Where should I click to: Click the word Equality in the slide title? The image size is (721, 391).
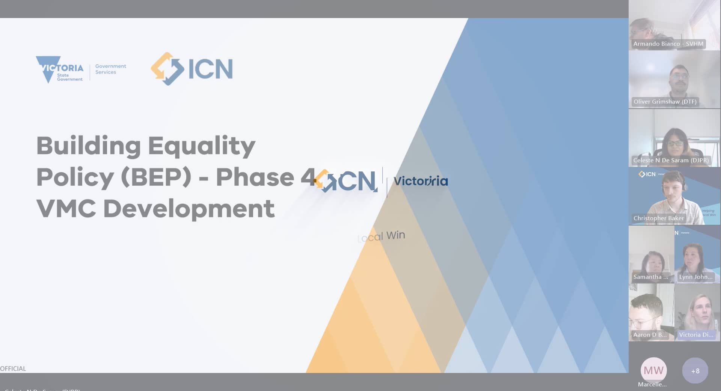(202, 146)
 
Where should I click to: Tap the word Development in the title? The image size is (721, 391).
(189, 209)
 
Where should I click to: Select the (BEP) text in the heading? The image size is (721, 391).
(156, 177)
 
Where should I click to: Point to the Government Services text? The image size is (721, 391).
(110, 69)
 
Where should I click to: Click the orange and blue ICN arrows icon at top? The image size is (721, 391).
(167, 69)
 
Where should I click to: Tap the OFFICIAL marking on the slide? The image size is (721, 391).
(13, 368)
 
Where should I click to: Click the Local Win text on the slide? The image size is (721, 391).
(382, 236)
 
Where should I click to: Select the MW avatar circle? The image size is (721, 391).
(653, 370)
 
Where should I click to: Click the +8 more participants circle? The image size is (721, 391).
(695, 371)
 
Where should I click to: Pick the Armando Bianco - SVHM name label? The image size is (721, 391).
(668, 44)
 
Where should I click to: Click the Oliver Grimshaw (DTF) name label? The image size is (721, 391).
(665, 102)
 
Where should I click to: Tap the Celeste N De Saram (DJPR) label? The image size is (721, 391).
(671, 161)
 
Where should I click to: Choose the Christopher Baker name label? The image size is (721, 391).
(658, 218)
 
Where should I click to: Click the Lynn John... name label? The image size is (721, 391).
(695, 277)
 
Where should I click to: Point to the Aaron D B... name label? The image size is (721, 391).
(650, 335)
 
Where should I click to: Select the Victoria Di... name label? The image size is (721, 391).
(695, 335)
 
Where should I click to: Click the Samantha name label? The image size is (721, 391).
(650, 277)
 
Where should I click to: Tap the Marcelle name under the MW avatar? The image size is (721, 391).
(652, 384)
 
